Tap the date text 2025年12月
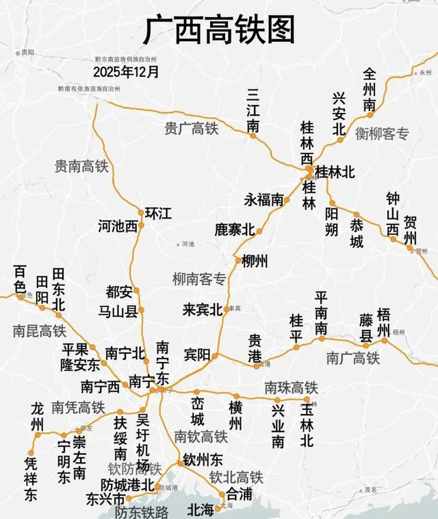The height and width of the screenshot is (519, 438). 127,71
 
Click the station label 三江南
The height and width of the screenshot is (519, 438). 253,110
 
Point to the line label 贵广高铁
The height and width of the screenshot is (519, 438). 192,128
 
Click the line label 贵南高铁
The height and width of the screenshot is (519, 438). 82,166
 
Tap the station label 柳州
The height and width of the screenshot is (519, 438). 255,261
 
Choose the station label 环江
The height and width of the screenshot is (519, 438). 159,213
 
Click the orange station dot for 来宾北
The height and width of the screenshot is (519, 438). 226,310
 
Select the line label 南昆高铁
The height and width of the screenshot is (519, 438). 39,331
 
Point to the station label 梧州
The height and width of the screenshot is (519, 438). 384,322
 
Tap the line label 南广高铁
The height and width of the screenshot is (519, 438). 352,358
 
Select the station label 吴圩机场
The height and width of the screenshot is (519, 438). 143,442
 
